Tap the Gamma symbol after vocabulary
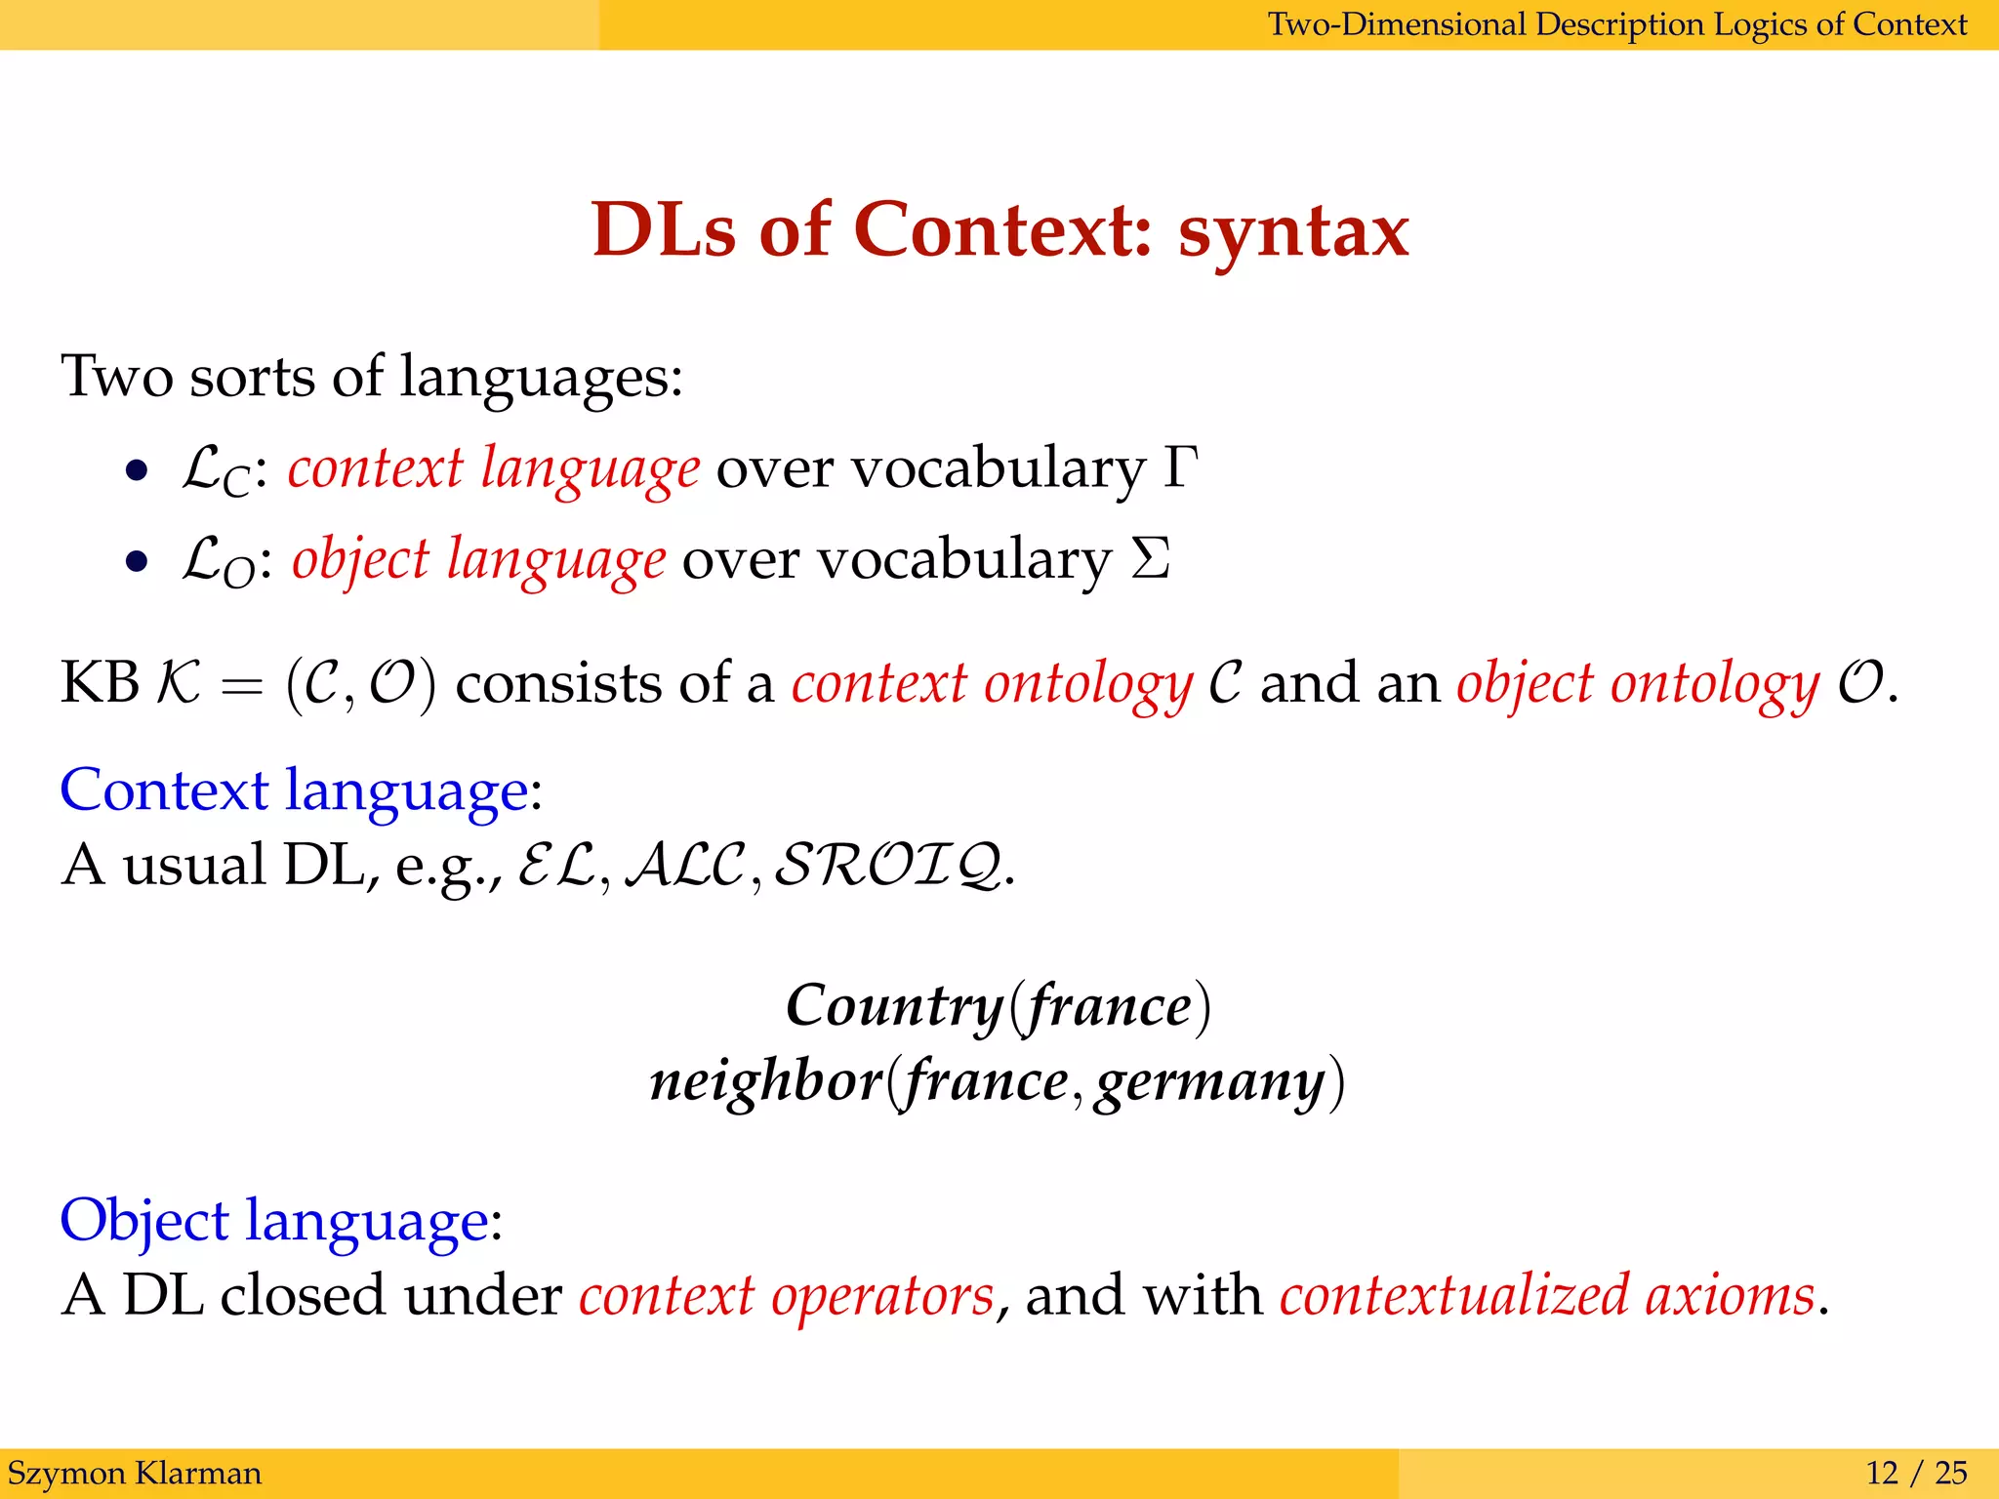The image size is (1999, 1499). coord(1180,467)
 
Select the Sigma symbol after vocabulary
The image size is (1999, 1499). coord(1151,559)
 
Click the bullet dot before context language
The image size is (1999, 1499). coord(137,471)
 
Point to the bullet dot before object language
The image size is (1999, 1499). coord(137,562)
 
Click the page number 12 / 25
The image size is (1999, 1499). coord(1916,1473)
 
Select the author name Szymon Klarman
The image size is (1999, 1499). coord(135,1473)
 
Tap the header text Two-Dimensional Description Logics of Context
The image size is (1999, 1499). coord(1616,24)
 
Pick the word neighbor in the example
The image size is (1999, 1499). coord(766,1080)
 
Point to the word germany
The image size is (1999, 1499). coord(1209,1082)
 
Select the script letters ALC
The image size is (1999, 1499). coord(684,866)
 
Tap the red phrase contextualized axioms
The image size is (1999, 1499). coord(1547,1295)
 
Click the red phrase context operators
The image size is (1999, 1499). coord(786,1295)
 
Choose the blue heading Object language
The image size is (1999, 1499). coord(274,1221)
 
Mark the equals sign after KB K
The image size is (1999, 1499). coord(242,685)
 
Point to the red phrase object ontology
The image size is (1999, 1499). coord(1637,683)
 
